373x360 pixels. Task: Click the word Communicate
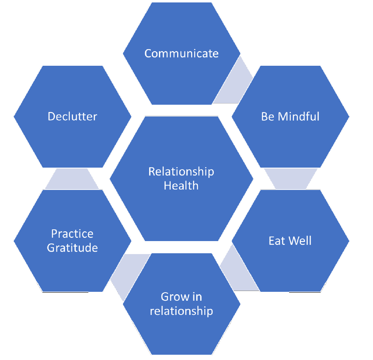pyautogui.click(x=181, y=54)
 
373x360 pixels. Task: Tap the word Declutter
pyautogui.click(x=73, y=116)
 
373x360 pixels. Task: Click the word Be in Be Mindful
pyautogui.click(x=268, y=116)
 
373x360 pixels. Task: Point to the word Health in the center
pyautogui.click(x=181, y=186)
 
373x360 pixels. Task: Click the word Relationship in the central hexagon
pyautogui.click(x=181, y=172)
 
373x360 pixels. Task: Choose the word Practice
pyautogui.click(x=73, y=234)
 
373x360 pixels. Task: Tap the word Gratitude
pyautogui.click(x=73, y=248)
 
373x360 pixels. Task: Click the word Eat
pyautogui.click(x=277, y=241)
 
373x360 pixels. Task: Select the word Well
pyautogui.click(x=300, y=241)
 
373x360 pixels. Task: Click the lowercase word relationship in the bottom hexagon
pyautogui.click(x=181, y=311)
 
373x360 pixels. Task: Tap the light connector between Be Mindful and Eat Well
pyautogui.click(x=291, y=179)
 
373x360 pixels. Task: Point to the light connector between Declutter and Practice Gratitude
pyautogui.click(x=72, y=179)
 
